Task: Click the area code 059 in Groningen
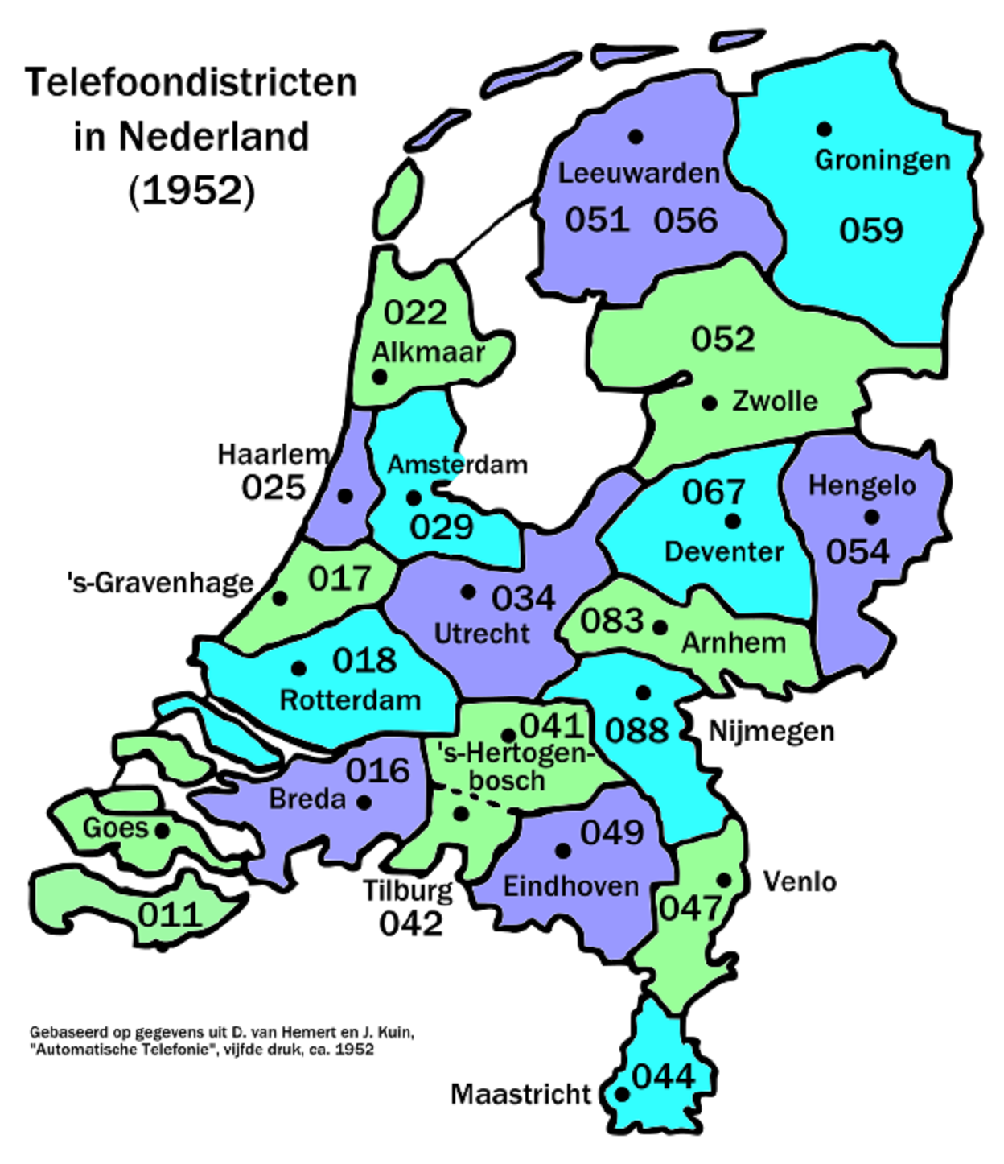click(871, 231)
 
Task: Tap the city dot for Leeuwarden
click(636, 137)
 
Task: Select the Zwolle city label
click(774, 401)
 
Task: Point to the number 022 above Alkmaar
click(415, 312)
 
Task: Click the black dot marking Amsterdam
click(414, 498)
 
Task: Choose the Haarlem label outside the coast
click(273, 455)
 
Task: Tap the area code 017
click(339, 579)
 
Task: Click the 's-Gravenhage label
click(161, 583)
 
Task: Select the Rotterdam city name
click(350, 700)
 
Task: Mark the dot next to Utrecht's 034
click(468, 592)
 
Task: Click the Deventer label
click(724, 552)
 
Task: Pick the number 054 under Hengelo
click(858, 552)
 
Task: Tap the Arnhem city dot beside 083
click(660, 627)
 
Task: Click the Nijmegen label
click(771, 732)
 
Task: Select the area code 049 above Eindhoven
click(612, 833)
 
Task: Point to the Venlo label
click(799, 882)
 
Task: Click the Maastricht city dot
click(622, 1095)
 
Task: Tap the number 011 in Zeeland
click(169, 915)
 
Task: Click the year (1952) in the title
click(191, 191)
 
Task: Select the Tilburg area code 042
click(411, 924)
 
